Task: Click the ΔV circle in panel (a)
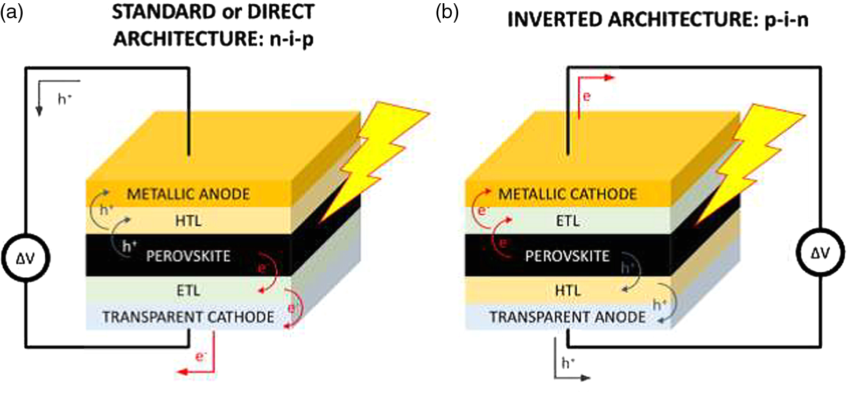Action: (25, 258)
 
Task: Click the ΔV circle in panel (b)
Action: (820, 253)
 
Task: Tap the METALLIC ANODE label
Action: (188, 194)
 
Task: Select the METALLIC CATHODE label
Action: (567, 194)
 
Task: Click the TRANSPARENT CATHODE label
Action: (188, 317)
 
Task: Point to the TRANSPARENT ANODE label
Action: (567, 317)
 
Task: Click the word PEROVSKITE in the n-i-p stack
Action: (188, 256)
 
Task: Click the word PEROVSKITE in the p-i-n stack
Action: (567, 256)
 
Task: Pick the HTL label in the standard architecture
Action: (188, 221)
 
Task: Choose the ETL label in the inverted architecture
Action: (568, 221)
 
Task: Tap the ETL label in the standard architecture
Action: (188, 291)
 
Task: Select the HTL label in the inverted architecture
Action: (568, 291)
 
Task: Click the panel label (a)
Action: (12, 12)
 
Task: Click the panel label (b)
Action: (447, 12)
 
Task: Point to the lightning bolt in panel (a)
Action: (377, 162)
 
